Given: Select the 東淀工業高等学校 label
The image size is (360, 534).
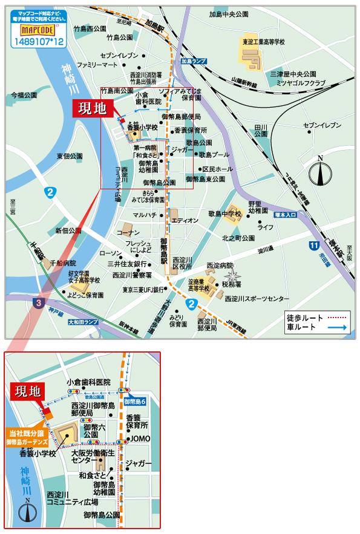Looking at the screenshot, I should tap(264, 42).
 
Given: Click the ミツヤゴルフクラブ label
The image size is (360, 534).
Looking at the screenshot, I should tap(301, 82).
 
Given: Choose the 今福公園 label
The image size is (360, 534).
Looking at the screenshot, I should tap(24, 96).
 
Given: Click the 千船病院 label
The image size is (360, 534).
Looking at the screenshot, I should tap(63, 263).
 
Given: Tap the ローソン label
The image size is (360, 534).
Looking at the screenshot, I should tap(110, 253).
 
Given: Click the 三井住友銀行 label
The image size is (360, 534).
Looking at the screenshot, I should tap(127, 264).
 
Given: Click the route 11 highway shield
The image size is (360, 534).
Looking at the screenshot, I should tap(312, 245).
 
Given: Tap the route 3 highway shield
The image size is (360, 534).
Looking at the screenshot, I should tap(38, 301).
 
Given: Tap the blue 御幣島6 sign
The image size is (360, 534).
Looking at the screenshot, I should tap(136, 402).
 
